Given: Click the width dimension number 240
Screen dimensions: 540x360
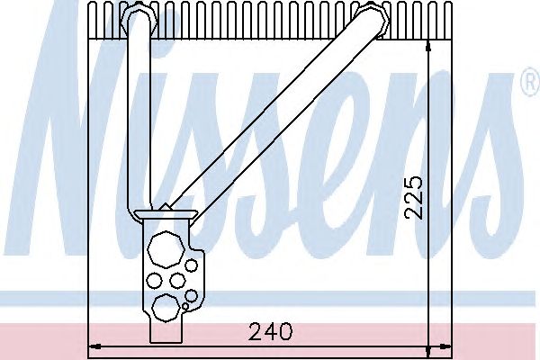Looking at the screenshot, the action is click(x=270, y=331).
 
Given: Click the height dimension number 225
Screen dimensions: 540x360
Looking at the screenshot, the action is click(x=413, y=198).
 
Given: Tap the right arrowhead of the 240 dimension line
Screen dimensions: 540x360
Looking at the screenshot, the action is click(x=445, y=346).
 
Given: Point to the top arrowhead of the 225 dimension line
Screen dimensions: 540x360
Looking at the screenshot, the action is click(x=427, y=46).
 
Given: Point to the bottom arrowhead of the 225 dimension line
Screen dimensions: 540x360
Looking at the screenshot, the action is click(x=427, y=351).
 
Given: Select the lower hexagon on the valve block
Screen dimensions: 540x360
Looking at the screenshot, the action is click(x=166, y=308).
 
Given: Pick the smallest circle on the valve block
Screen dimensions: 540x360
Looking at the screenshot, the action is click(x=185, y=306).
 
